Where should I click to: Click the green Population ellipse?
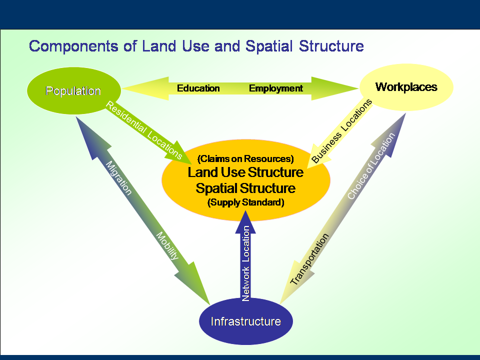pyautogui.click(x=74, y=90)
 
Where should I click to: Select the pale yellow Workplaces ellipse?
pyautogui.click(x=406, y=87)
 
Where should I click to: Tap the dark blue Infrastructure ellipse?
pyautogui.click(x=246, y=321)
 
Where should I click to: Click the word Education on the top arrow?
pyautogui.click(x=198, y=88)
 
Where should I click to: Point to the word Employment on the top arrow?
pyautogui.click(x=276, y=88)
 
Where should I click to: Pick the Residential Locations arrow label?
pyautogui.click(x=144, y=130)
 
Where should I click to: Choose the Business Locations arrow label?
pyautogui.click(x=341, y=130)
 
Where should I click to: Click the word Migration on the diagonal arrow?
pyautogui.click(x=118, y=178)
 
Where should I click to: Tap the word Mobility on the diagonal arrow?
pyautogui.click(x=167, y=245)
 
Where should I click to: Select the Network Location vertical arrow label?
pyautogui.click(x=246, y=263)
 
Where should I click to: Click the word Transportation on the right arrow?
pyautogui.click(x=309, y=259)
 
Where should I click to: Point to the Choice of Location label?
pyautogui.click(x=371, y=166)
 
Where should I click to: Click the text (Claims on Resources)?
pyautogui.click(x=245, y=159)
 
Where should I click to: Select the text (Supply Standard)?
pyautogui.click(x=246, y=202)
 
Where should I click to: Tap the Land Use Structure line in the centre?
pyautogui.click(x=245, y=172)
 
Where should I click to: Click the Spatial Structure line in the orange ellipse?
pyautogui.click(x=245, y=188)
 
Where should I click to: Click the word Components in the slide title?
pyautogui.click(x=73, y=46)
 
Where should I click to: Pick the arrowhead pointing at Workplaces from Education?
pyautogui.click(x=335, y=88)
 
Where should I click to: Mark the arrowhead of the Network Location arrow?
pyautogui.click(x=245, y=222)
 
